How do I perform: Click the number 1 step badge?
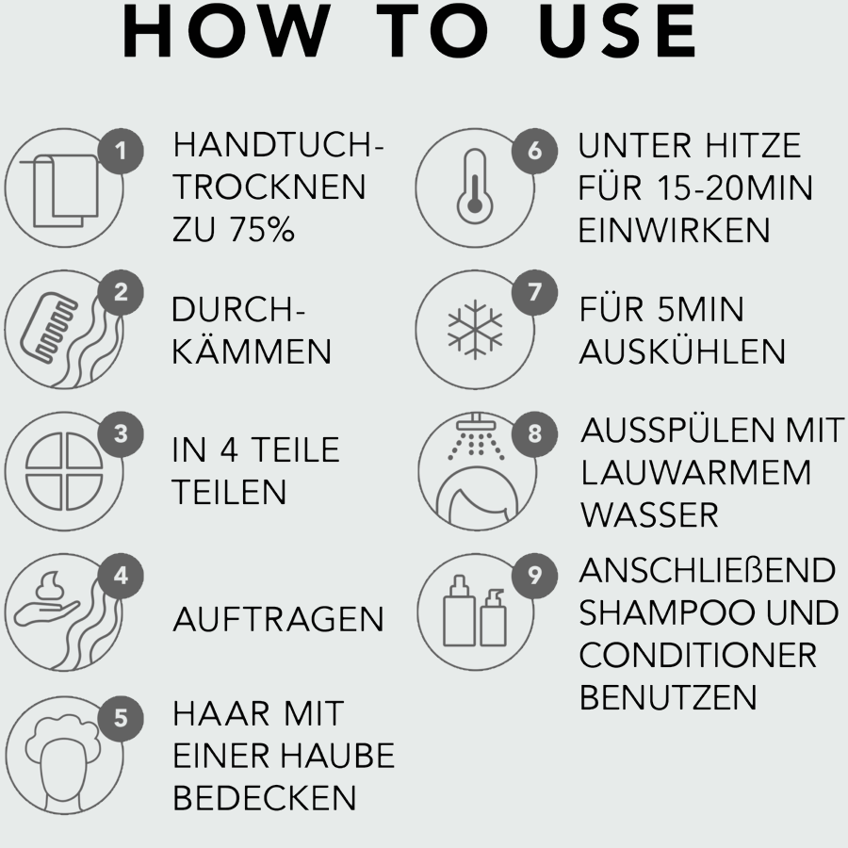[x=121, y=151]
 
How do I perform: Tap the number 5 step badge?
[x=121, y=718]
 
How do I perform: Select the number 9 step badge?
[x=534, y=576]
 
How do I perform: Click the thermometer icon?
[x=475, y=186]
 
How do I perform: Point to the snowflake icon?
[x=475, y=330]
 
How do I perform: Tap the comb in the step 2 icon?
[x=49, y=327]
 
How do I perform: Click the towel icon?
[x=59, y=189]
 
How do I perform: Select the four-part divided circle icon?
[x=64, y=471]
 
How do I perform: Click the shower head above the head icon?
[x=476, y=422]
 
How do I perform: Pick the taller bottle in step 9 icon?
[x=459, y=612]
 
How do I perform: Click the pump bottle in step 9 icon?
[x=493, y=618]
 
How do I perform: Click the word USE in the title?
[x=618, y=30]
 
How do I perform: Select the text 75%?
[x=262, y=229]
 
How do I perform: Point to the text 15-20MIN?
[x=735, y=188]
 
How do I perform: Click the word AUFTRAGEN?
[x=278, y=619]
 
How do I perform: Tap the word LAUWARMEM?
[x=696, y=473]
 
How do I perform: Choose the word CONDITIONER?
[x=697, y=655]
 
